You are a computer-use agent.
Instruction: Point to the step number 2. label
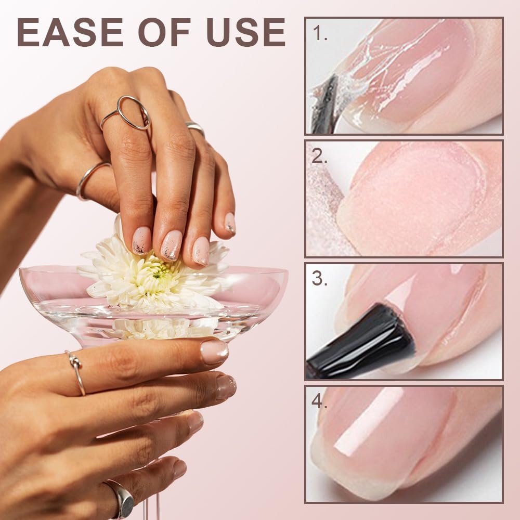click(x=320, y=156)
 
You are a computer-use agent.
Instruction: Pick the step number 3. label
click(x=320, y=279)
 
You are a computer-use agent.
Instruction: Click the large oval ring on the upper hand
click(x=133, y=112)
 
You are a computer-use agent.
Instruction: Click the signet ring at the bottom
click(x=123, y=499)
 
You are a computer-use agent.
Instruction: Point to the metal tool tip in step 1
click(x=323, y=104)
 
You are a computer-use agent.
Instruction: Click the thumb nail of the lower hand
click(x=214, y=352)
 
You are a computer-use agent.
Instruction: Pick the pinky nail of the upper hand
click(x=230, y=223)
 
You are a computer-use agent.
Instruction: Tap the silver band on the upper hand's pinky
click(x=196, y=127)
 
